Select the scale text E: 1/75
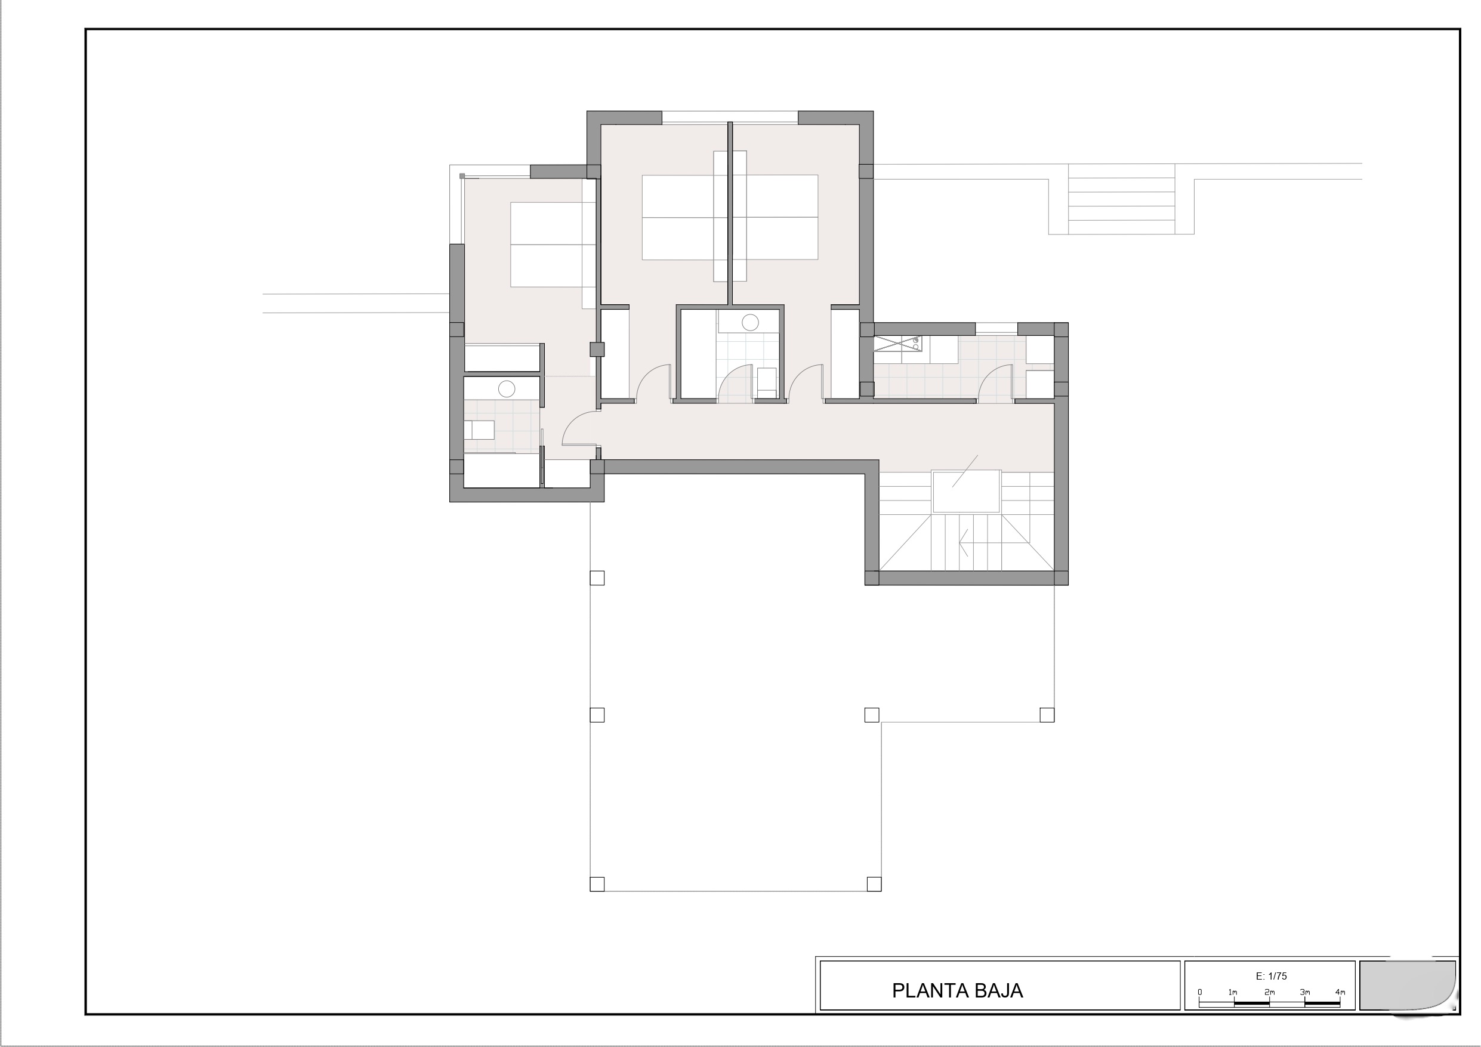(1271, 976)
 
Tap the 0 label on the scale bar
(1200, 992)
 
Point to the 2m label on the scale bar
(1269, 992)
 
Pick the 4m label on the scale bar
(1340, 992)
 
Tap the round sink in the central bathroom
(749, 322)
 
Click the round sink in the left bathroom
(507, 388)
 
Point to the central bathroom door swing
(735, 383)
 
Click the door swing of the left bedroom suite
(581, 428)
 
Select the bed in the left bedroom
(553, 244)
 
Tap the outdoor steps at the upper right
(1121, 199)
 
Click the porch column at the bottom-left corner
(597, 883)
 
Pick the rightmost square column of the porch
(1046, 715)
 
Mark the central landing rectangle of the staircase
(966, 492)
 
